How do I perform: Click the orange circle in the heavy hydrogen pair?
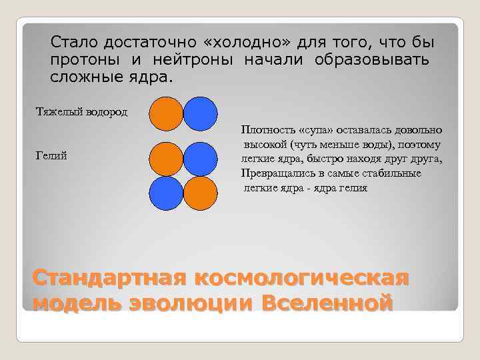[166, 113]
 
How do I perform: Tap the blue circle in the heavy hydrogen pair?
[200, 113]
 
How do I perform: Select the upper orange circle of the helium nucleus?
[166, 159]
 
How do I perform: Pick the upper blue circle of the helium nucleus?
[200, 159]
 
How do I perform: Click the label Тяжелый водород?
[81, 110]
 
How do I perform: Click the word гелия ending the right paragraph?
[353, 188]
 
